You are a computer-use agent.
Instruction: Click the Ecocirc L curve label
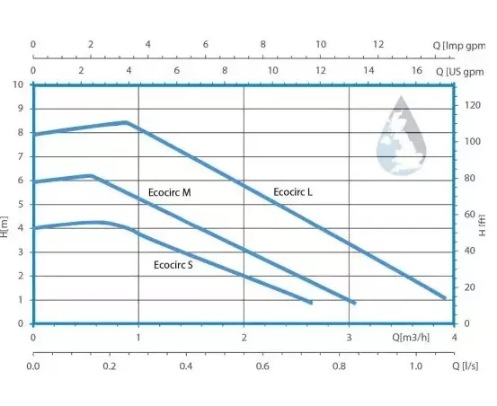click(293, 192)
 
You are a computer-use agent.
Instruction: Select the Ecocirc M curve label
click(170, 193)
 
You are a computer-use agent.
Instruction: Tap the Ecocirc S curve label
click(173, 265)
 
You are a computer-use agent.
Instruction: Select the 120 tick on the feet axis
click(469, 105)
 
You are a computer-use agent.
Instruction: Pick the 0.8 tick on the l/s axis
click(340, 366)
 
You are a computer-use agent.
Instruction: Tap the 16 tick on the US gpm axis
click(416, 70)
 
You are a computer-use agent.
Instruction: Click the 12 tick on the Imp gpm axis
click(377, 44)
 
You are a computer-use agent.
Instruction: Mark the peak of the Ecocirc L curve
click(126, 122)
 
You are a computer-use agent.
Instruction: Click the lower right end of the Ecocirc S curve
click(311, 302)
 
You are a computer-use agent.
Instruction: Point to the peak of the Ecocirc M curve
click(92, 176)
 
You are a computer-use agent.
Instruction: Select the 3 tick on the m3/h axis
click(350, 338)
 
